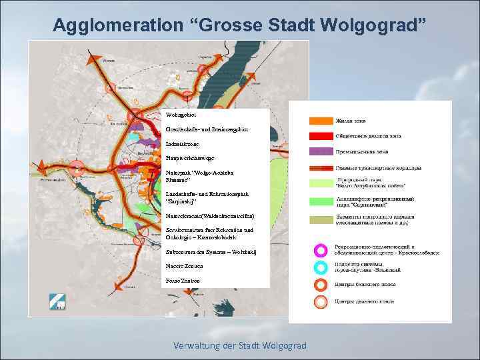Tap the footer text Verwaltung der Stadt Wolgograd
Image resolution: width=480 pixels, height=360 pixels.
coord(240,345)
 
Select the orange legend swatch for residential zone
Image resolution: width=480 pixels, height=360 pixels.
coord(321,121)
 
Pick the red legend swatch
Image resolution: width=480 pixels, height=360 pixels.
coord(321,137)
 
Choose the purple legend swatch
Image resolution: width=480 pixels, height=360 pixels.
coord(321,152)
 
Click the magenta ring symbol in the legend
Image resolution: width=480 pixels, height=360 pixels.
coord(321,250)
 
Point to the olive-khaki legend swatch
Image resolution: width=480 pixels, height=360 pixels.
coord(321,219)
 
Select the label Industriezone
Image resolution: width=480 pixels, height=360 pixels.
coord(183,143)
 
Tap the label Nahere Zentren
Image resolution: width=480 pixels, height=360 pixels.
coord(182,267)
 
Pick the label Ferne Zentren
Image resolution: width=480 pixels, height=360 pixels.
coord(181,281)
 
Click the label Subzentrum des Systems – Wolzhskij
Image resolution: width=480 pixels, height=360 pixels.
coord(211,252)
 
